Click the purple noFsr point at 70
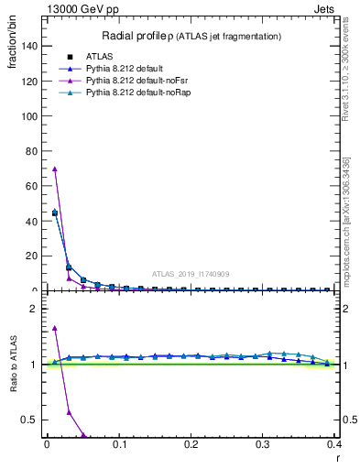(x=55, y=169)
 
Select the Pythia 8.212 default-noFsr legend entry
(x=132, y=81)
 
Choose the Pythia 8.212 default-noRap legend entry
(x=134, y=93)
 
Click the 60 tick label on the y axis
(x=35, y=186)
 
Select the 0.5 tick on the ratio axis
(x=32, y=420)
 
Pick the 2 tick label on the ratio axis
(x=36, y=309)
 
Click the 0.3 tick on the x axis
(x=263, y=444)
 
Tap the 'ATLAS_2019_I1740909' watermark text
(x=190, y=274)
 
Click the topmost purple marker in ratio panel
(x=55, y=328)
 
